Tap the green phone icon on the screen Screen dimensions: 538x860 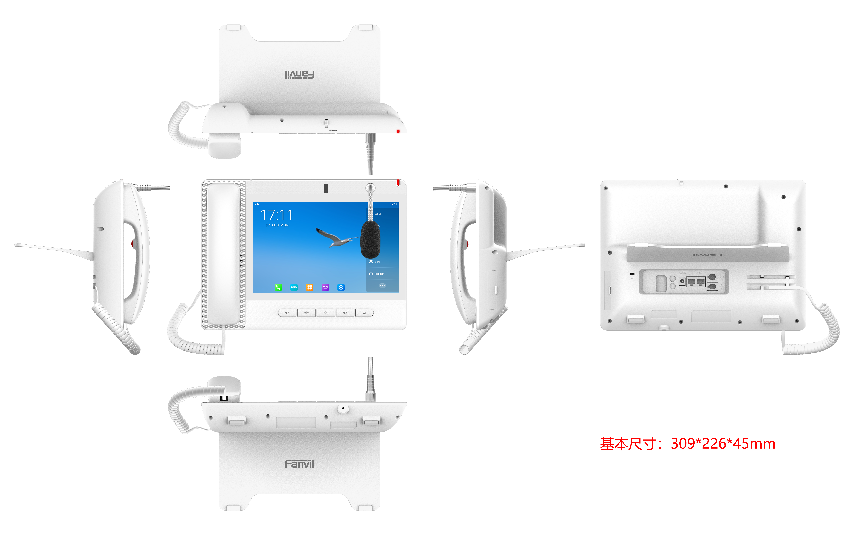(x=278, y=287)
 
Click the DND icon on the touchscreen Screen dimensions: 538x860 (x=294, y=287)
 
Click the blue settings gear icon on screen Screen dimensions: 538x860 (x=341, y=287)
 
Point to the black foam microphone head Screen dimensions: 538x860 (x=370, y=239)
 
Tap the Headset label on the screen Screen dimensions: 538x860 (x=379, y=274)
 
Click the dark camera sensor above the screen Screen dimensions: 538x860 (x=326, y=189)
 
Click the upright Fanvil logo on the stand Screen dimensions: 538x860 (x=299, y=464)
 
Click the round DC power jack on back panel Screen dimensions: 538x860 (x=682, y=281)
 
